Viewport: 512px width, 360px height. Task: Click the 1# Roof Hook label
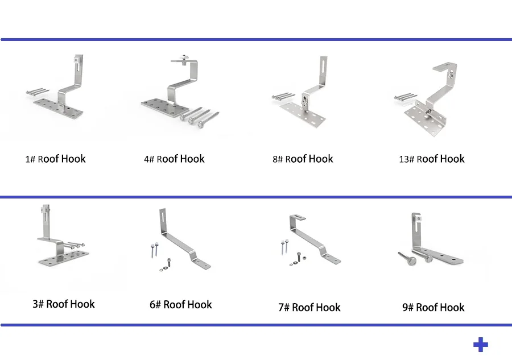pos(55,159)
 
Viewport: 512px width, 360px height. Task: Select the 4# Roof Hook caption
pos(174,159)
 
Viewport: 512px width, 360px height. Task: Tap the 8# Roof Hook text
pos(303,159)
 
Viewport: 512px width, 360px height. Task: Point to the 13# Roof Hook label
pos(432,159)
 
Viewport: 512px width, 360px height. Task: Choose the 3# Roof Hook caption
pos(64,304)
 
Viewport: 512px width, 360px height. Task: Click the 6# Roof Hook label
pos(181,305)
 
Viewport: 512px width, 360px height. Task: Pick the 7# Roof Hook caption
pos(309,308)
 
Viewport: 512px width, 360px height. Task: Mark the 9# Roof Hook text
pos(433,308)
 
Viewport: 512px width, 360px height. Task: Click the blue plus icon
pos(481,345)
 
